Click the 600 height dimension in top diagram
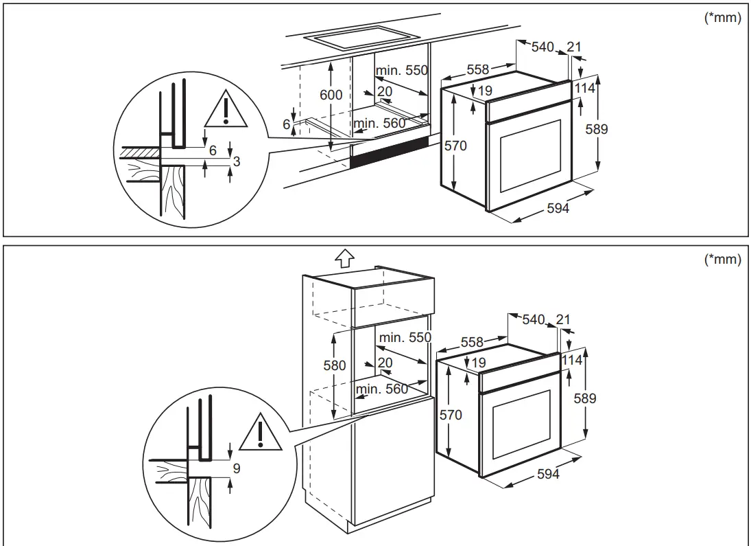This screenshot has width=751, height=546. [331, 95]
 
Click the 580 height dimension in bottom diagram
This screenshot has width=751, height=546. [335, 366]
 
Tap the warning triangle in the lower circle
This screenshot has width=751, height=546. [261, 432]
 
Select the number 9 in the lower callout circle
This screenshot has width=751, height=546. [237, 470]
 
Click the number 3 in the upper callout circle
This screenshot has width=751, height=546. [236, 161]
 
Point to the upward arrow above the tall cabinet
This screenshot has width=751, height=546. [344, 258]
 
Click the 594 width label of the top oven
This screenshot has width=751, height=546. [558, 208]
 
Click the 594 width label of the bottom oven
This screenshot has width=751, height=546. [548, 474]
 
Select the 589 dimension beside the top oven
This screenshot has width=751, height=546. [600, 128]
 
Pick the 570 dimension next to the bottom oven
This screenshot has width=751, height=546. [451, 415]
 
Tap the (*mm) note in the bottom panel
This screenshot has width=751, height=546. [723, 260]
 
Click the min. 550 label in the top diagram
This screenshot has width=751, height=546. [401, 70]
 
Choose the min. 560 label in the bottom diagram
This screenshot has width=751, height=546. [382, 389]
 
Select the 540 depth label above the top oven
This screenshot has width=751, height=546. [542, 47]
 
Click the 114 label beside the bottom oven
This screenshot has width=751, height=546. [571, 360]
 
